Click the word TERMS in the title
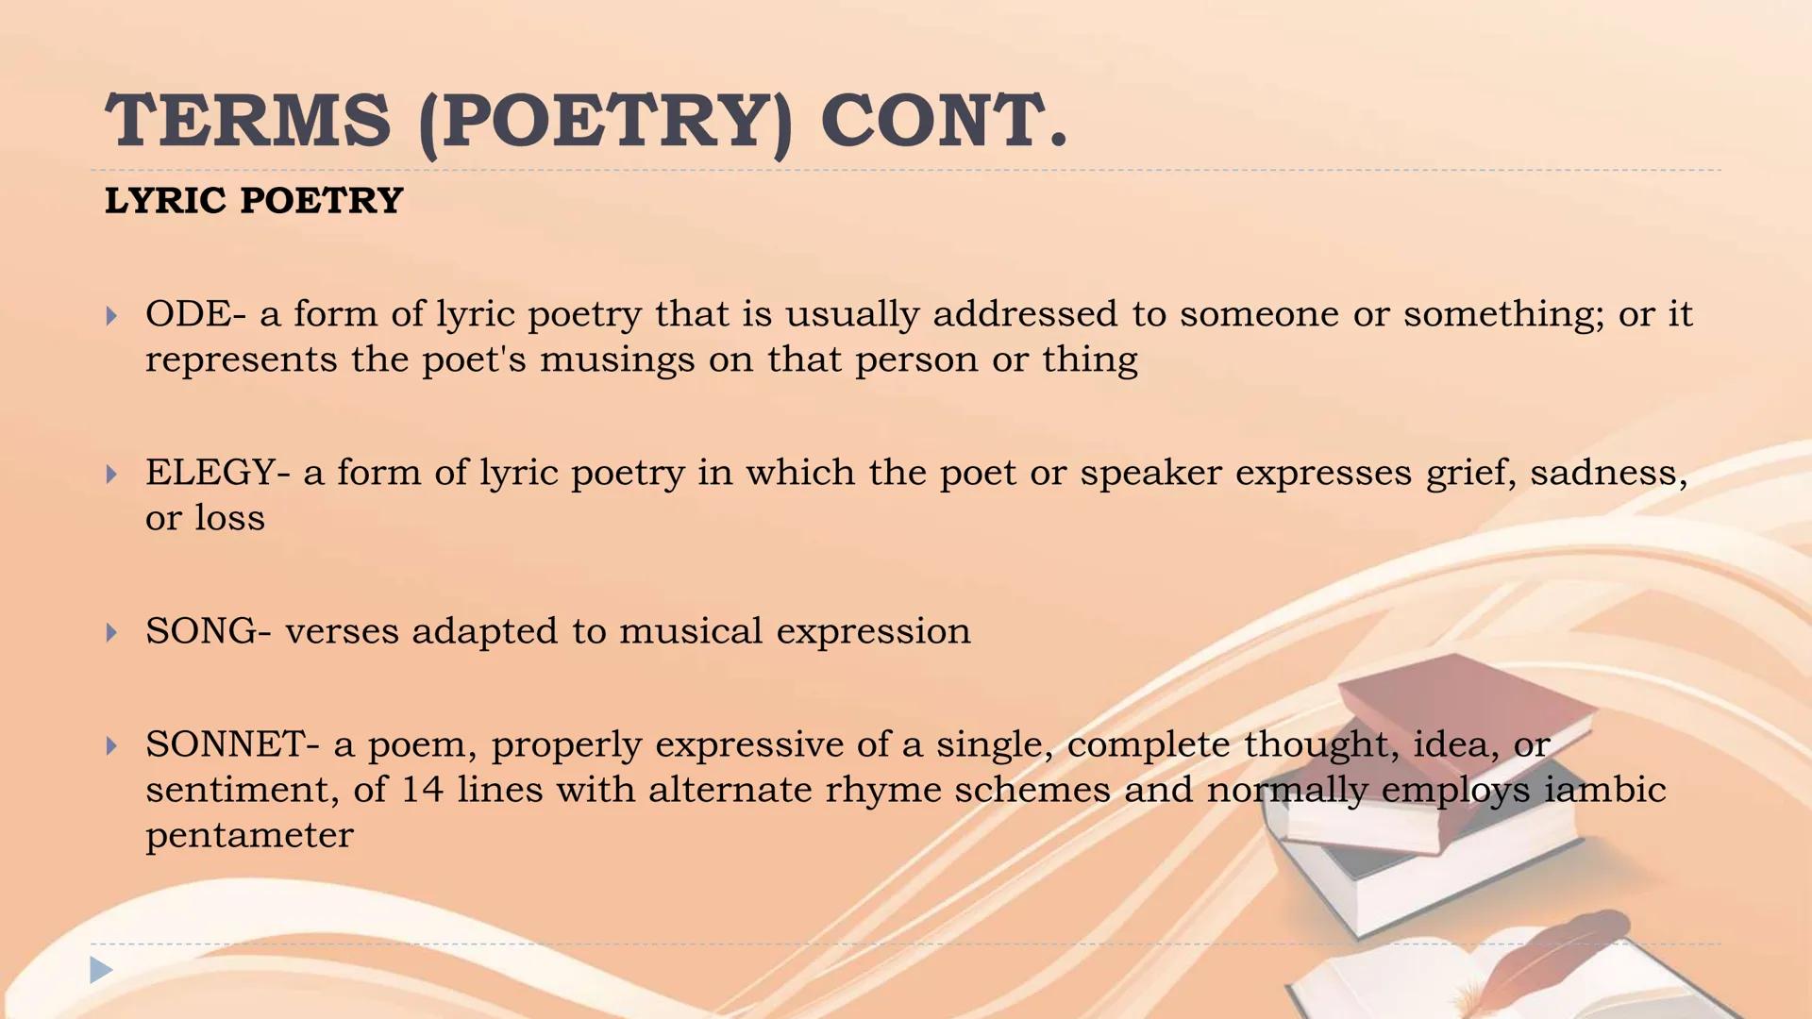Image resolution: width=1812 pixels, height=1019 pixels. pyautogui.click(x=247, y=121)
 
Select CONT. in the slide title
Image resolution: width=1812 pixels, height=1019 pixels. pyautogui.click(x=944, y=121)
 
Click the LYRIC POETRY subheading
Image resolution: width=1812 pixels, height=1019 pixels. pyautogui.click(x=254, y=201)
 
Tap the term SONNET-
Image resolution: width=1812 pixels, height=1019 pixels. pyautogui.click(x=232, y=744)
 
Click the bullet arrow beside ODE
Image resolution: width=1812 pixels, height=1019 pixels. pyautogui.click(x=111, y=316)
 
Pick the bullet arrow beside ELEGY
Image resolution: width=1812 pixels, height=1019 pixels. pyautogui.click(x=111, y=475)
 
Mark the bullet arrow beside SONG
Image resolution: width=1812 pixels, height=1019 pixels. pyautogui.click(x=111, y=633)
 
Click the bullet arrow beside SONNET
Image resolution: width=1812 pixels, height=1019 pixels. pyautogui.click(x=111, y=746)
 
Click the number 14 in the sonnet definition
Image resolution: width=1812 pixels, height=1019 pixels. pyautogui.click(x=422, y=790)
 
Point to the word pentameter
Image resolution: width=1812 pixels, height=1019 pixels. pyautogui.click(x=249, y=835)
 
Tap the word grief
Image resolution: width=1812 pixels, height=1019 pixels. pyautogui.click(x=1470, y=473)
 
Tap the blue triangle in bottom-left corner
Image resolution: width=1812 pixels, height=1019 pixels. pyautogui.click(x=100, y=969)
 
